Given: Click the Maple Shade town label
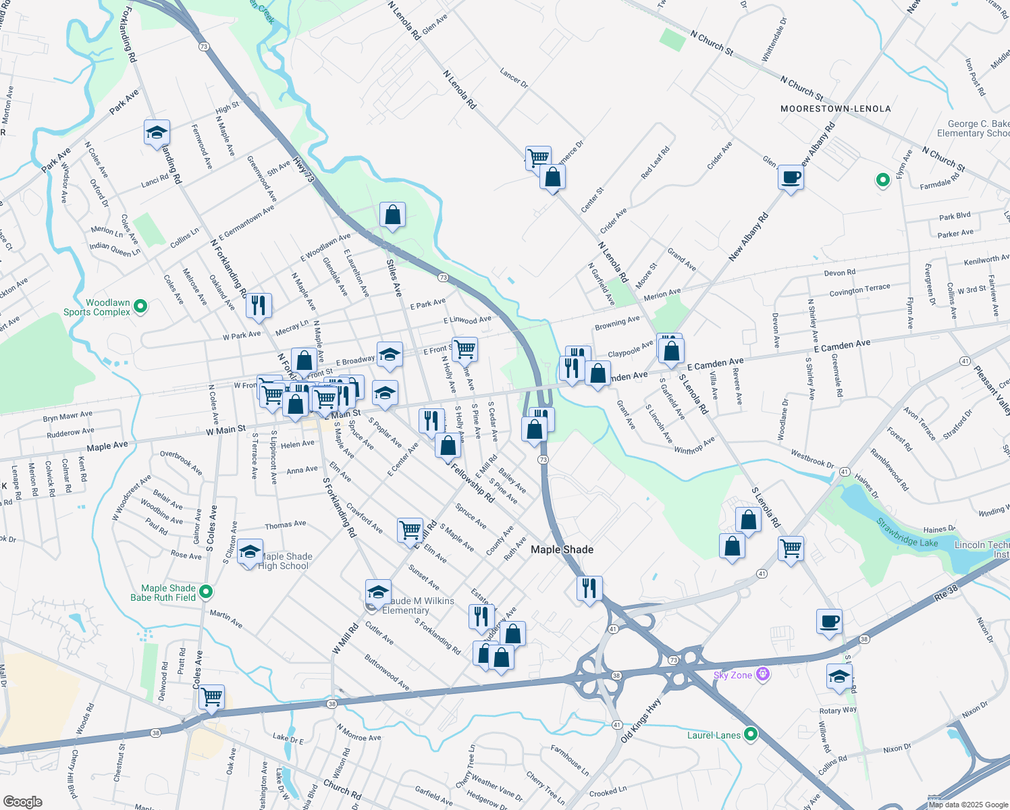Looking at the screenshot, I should coord(562,549).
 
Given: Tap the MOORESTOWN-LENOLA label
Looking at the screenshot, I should coord(835,109).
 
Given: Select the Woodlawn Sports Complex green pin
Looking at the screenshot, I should coord(140,307).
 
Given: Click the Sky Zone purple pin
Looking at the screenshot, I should coord(763,674).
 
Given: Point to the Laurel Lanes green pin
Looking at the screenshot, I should coord(751,734).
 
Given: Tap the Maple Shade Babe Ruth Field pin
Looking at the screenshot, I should coord(207,592).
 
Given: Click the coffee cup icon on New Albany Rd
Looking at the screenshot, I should coord(791,178).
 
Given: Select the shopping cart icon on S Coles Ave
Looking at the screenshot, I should coord(211,697).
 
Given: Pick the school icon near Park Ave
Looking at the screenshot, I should coord(157,133).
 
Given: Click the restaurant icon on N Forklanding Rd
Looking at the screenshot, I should coord(259,306).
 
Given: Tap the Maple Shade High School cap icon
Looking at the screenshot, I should coord(250,553).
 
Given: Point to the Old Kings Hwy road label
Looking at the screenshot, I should coord(641,721).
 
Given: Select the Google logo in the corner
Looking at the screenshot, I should coord(23,801).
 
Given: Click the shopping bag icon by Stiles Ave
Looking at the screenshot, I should coord(392,215).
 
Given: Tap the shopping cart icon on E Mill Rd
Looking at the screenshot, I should coord(410,531).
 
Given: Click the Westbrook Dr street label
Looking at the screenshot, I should coord(812,459).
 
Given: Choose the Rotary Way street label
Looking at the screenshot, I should coord(838,710).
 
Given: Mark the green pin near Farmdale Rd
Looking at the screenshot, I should coord(882,180).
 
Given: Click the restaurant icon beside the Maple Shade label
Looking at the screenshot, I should coord(589,589).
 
